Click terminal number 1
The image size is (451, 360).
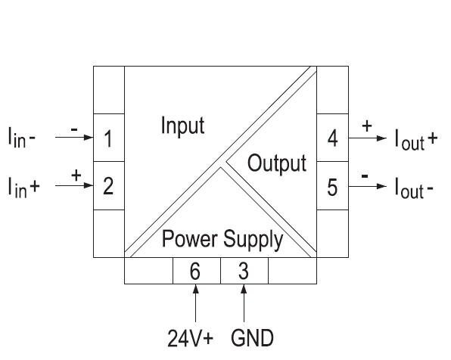click(108, 139)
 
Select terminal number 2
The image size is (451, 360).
click(108, 185)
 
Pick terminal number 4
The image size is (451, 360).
click(332, 139)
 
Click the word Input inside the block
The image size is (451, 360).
click(182, 126)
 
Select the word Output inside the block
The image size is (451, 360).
click(277, 163)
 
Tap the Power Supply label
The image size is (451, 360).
click(224, 241)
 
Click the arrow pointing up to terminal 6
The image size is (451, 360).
click(195, 303)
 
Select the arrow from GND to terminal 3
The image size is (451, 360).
click(244, 303)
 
